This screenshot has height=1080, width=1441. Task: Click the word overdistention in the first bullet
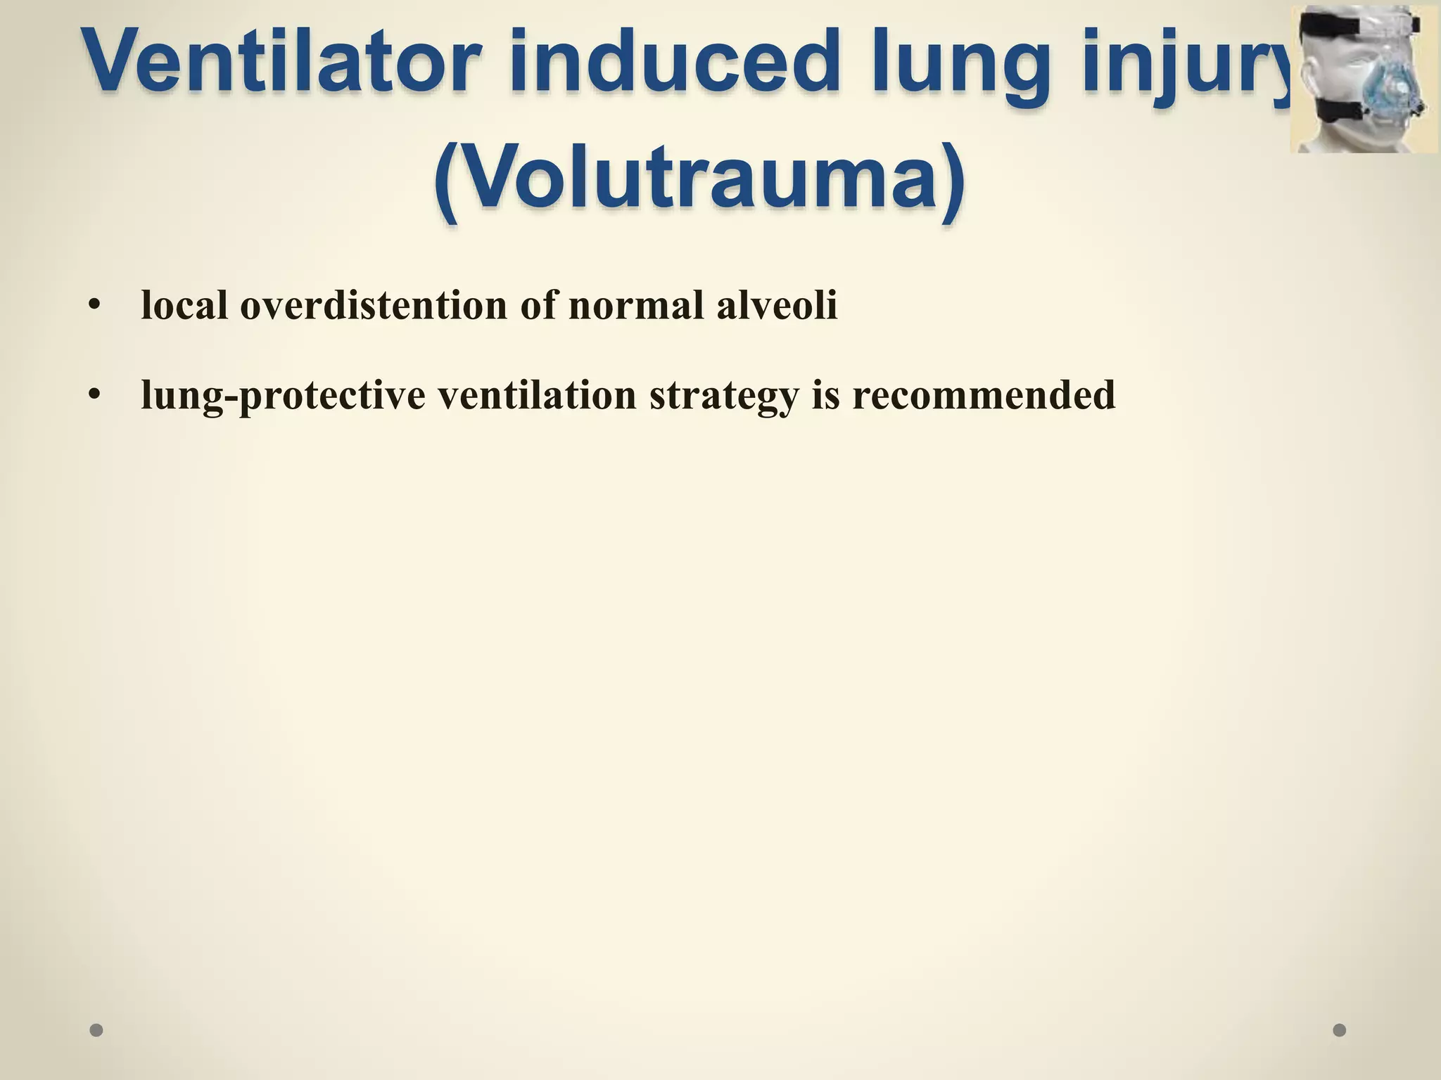(374, 307)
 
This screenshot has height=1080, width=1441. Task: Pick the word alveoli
(777, 305)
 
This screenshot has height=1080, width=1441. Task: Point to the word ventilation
(538, 394)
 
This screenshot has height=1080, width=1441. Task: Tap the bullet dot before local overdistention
(95, 307)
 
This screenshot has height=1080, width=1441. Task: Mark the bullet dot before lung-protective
(95, 396)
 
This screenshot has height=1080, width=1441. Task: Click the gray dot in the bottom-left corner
(96, 1030)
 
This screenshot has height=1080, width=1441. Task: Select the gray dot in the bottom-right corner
(1340, 1030)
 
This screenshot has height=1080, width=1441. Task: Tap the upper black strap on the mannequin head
(1330, 27)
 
